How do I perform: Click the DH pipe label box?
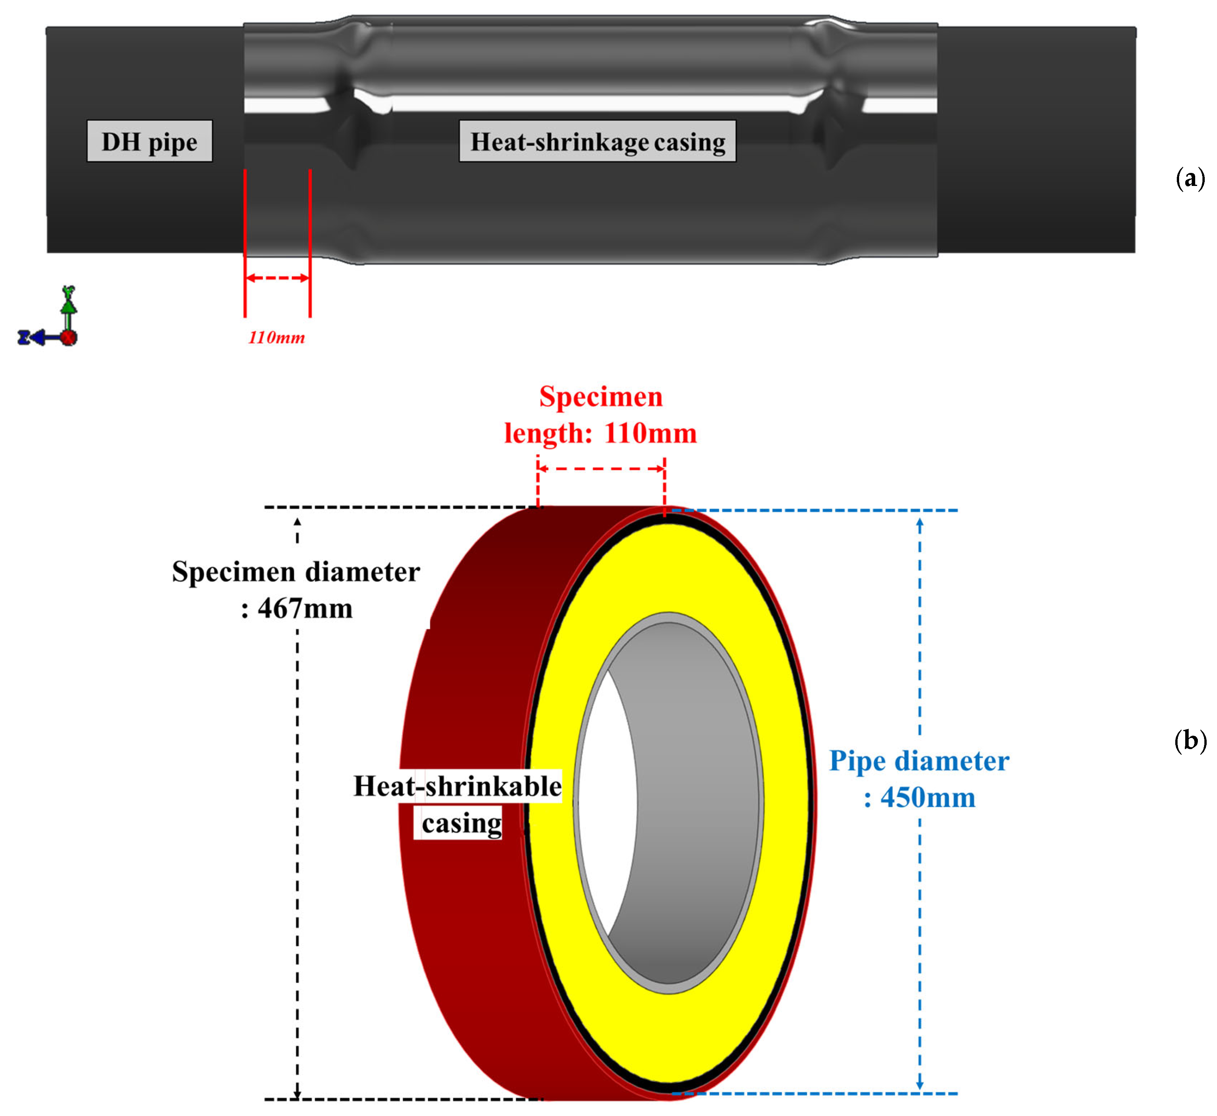tap(149, 141)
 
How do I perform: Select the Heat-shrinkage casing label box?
tap(597, 141)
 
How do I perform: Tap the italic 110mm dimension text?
tap(276, 337)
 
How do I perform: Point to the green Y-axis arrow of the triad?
tap(69, 302)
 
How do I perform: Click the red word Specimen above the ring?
tap(601, 397)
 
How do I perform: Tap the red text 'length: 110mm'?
tap(601, 433)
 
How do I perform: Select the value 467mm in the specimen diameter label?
tap(305, 608)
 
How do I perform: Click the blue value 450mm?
tap(928, 798)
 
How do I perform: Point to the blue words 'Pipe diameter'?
tap(918, 761)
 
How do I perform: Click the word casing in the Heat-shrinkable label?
tap(462, 823)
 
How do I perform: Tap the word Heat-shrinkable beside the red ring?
tap(457, 786)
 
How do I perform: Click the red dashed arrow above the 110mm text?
tap(278, 278)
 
